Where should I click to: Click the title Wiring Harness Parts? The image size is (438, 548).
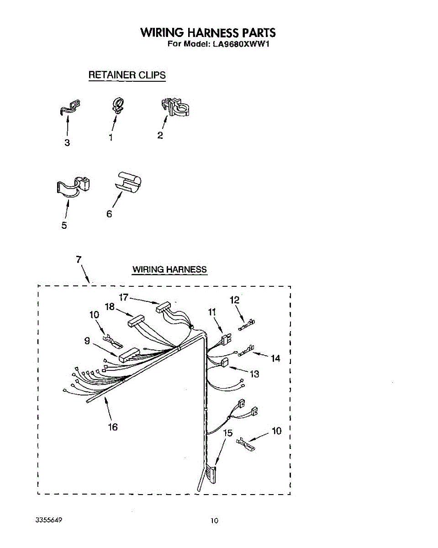click(x=208, y=33)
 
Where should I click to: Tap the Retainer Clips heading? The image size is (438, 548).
click(x=127, y=75)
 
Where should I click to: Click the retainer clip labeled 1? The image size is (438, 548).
click(x=117, y=106)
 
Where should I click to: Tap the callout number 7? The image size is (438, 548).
click(x=79, y=259)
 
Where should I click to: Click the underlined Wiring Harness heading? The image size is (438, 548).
click(x=169, y=269)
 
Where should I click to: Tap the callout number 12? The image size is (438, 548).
click(x=234, y=300)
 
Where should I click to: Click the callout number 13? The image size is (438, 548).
click(x=254, y=374)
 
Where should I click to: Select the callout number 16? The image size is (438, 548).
click(x=112, y=427)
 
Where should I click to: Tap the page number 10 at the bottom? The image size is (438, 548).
click(x=215, y=521)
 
